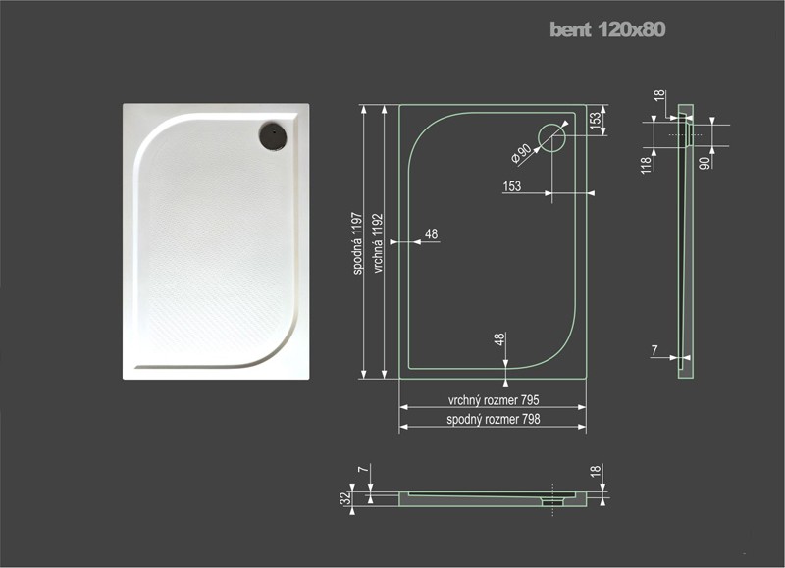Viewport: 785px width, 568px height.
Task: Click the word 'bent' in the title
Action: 571,29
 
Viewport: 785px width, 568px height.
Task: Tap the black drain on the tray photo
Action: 273,135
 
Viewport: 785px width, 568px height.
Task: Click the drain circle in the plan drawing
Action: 551,137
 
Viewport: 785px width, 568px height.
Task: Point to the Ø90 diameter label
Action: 522,153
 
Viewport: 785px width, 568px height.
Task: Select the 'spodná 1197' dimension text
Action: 357,242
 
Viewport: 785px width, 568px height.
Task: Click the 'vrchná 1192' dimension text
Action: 378,243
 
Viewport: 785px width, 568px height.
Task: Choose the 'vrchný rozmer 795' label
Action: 494,400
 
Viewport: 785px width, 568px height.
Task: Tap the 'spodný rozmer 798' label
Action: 494,419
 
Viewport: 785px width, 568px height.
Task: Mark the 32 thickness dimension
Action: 345,498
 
